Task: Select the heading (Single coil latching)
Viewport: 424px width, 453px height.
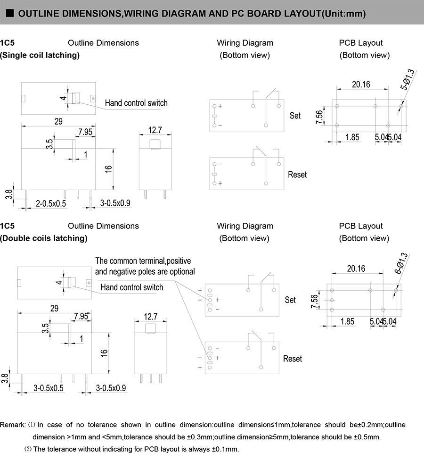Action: point(40,55)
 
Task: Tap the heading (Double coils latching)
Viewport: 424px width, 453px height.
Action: point(44,238)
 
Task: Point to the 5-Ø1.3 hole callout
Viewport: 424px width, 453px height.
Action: point(408,79)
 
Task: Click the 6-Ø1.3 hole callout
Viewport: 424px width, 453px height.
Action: point(402,263)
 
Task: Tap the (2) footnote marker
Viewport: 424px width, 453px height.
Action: point(28,449)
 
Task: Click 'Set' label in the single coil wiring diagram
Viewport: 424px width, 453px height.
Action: point(295,116)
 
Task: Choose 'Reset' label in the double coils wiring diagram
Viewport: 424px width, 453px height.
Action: point(293,359)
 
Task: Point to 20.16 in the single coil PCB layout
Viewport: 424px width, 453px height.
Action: point(361,84)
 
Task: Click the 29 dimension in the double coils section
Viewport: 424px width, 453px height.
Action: point(54,308)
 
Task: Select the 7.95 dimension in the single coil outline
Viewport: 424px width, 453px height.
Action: point(85,132)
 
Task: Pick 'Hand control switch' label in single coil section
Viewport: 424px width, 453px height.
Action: point(136,103)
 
